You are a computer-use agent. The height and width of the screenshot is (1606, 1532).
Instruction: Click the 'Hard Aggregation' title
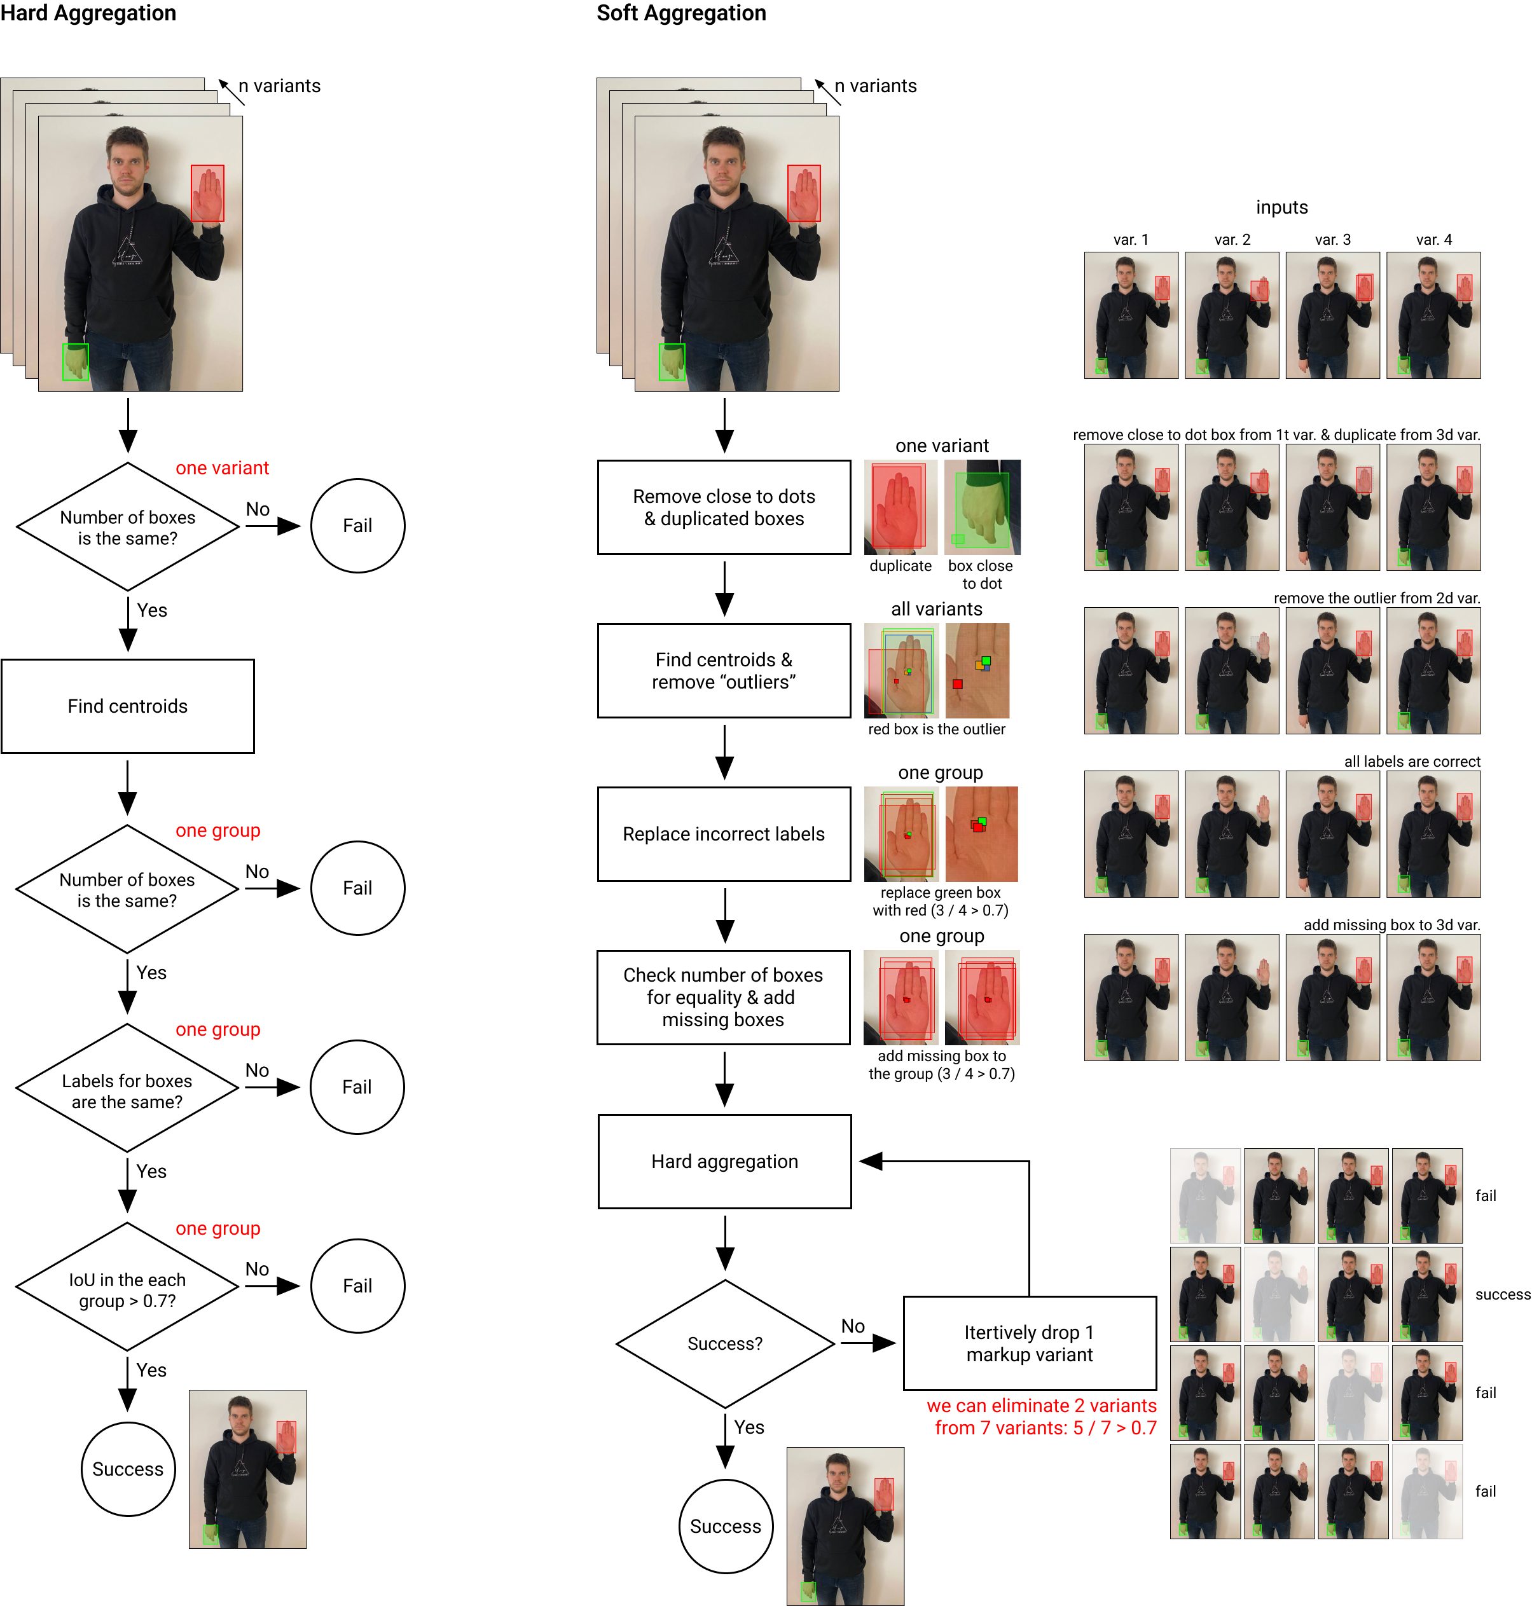[88, 13]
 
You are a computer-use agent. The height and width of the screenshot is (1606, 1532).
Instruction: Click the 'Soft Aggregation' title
[681, 13]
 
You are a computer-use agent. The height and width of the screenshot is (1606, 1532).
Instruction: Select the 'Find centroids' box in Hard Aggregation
[127, 706]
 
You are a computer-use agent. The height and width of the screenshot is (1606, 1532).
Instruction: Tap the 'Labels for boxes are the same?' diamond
[127, 1091]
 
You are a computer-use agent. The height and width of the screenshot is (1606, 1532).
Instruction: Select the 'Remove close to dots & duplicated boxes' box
[724, 507]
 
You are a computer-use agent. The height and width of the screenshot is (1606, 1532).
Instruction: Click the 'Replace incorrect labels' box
[724, 834]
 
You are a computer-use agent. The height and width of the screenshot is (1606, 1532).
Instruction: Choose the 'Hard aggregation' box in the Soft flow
[724, 1161]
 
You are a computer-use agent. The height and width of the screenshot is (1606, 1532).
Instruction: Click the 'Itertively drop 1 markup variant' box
[1029, 1343]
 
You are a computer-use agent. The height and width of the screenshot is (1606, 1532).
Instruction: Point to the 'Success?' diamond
[724, 1343]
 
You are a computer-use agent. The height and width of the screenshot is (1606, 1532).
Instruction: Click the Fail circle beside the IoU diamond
[357, 1286]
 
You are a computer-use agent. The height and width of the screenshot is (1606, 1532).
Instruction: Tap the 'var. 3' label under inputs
[1333, 239]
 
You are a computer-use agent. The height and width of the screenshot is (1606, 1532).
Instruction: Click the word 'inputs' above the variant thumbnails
[1281, 207]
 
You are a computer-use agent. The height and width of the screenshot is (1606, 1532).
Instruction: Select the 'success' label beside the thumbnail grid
[1501, 1294]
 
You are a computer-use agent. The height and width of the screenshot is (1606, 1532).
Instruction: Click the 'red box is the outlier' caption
[937, 729]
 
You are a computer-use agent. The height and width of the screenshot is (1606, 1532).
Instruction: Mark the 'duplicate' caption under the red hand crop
[900, 566]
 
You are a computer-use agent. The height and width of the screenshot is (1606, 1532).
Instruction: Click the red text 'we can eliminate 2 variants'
[1041, 1405]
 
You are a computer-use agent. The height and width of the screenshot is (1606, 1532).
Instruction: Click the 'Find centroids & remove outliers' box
[724, 670]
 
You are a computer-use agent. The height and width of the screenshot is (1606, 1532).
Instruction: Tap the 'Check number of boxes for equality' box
[724, 997]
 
